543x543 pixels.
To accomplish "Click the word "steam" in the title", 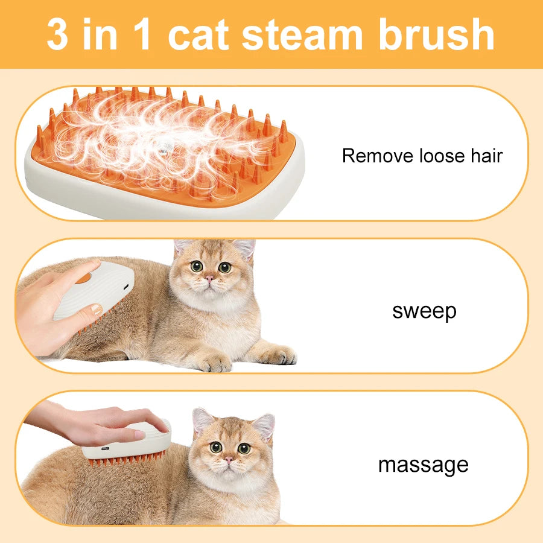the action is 302,34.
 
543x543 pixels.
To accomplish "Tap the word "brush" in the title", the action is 437,34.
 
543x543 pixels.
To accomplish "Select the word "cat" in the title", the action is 198,34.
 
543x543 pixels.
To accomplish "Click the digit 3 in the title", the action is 57,34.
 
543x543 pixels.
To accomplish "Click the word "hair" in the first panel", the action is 486,155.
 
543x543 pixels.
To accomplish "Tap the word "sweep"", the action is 424,311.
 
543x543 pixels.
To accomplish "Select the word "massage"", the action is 423,465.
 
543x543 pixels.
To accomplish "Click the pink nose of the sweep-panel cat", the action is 209,278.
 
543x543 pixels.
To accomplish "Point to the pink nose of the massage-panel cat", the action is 229,460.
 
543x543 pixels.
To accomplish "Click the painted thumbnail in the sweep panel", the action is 95,308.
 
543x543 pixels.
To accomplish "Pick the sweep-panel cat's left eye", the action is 196,266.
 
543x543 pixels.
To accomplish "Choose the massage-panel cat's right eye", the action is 244,448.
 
